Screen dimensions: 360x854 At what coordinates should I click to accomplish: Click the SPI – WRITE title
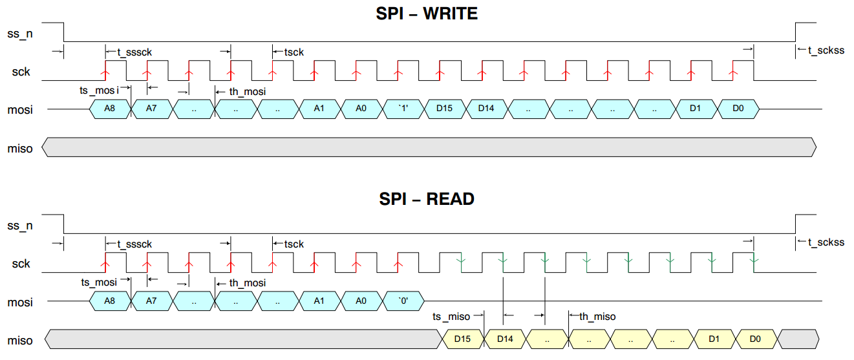pyautogui.click(x=427, y=14)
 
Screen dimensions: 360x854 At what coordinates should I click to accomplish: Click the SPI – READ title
pyautogui.click(x=427, y=199)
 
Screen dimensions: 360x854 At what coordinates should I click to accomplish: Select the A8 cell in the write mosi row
pyautogui.click(x=110, y=109)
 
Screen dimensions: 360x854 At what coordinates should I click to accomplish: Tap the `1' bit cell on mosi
pyautogui.click(x=403, y=109)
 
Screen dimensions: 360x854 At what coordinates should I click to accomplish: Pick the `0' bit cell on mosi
pyautogui.click(x=403, y=301)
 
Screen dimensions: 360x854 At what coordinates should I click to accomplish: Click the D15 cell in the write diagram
pyautogui.click(x=445, y=109)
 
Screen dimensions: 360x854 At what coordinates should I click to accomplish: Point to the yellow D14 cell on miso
pyautogui.click(x=504, y=339)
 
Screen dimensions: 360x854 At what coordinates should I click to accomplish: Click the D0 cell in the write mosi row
pyautogui.click(x=738, y=109)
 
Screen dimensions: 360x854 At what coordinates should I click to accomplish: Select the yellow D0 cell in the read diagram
pyautogui.click(x=754, y=339)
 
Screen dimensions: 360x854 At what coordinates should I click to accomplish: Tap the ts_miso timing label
pyautogui.click(x=451, y=316)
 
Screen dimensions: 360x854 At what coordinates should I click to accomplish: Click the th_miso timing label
pyautogui.click(x=597, y=316)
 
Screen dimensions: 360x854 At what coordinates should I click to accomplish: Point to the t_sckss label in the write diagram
pyautogui.click(x=826, y=50)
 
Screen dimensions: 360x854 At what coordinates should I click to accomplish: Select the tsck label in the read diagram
pyautogui.click(x=294, y=244)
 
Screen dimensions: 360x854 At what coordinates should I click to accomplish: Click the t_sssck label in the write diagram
pyautogui.click(x=134, y=51)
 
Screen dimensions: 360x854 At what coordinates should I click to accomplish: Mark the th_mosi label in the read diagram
pyautogui.click(x=247, y=282)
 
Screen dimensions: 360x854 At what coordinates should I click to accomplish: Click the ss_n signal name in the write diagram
pyautogui.click(x=19, y=33)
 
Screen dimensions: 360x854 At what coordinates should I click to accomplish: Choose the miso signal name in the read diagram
pyautogui.click(x=19, y=340)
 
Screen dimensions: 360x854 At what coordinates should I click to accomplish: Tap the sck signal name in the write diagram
pyautogui.click(x=21, y=72)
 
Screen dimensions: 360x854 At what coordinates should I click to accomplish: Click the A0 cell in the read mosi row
pyautogui.click(x=361, y=301)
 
